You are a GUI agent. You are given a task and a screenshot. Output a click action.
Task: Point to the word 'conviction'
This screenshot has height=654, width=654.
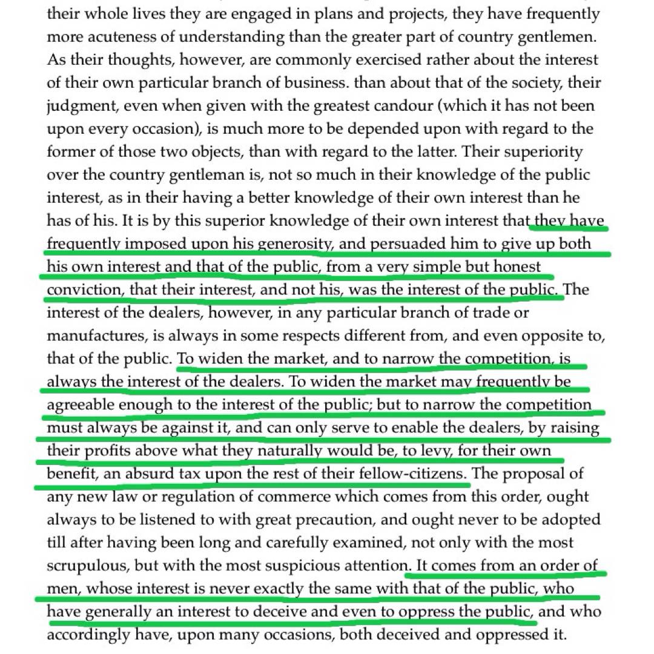tap(84, 289)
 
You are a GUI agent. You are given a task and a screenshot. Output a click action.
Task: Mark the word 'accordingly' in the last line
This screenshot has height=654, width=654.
tap(85, 635)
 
